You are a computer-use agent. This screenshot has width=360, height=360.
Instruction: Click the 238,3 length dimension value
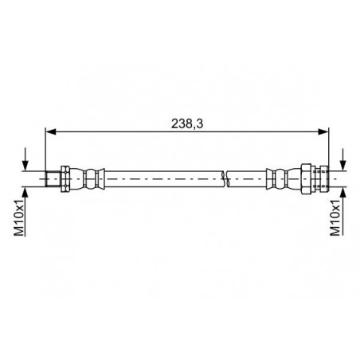[x=187, y=123]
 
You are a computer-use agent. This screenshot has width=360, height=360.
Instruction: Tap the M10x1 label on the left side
[x=19, y=217]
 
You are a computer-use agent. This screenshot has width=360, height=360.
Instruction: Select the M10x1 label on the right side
[x=335, y=217]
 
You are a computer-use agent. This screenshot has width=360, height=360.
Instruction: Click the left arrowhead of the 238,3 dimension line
[x=51, y=131]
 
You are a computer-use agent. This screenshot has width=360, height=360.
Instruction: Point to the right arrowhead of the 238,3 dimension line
[x=323, y=131]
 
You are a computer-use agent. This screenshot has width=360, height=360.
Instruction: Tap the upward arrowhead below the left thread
[x=25, y=192]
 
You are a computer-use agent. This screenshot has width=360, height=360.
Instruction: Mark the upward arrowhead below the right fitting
[x=343, y=192]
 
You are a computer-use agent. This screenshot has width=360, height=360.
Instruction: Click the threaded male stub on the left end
[x=53, y=179]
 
